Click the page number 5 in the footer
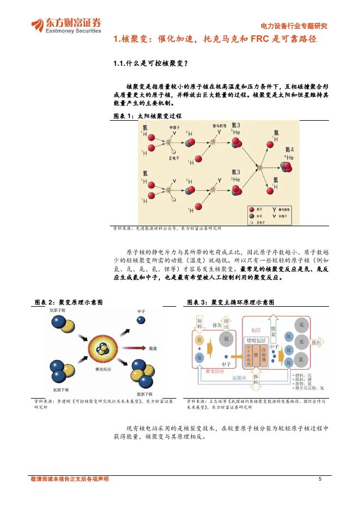coord(320,479)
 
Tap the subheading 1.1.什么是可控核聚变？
coord(150,64)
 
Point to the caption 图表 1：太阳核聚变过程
coord(147,116)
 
